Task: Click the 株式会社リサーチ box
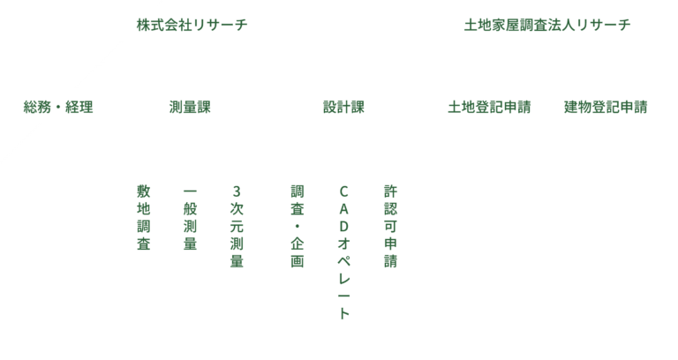tap(192, 24)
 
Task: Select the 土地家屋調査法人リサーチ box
tap(547, 24)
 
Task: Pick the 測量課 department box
tap(190, 107)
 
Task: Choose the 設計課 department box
tap(343, 107)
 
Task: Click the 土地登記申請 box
tap(489, 107)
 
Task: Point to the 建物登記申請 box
tap(606, 107)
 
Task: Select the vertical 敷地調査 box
tap(143, 256)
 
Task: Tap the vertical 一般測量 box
tap(190, 256)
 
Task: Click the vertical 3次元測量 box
tap(236, 256)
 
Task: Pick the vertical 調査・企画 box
tap(297, 256)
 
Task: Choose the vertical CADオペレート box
tap(343, 256)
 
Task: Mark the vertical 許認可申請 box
tap(390, 256)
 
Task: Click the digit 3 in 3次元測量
tap(236, 191)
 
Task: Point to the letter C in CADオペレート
tap(343, 191)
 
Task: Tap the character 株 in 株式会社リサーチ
tap(143, 25)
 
